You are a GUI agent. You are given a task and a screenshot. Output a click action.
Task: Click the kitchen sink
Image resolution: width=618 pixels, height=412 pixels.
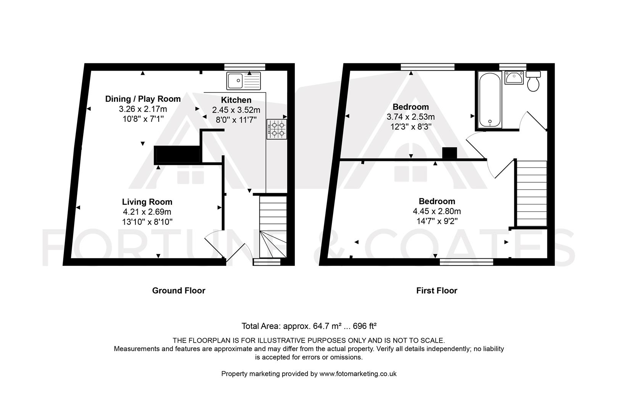[244, 81]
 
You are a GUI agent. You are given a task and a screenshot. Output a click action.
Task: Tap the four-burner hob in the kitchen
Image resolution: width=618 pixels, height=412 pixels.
[277, 129]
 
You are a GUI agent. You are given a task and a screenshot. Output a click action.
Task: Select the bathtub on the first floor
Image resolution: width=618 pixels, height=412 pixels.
[490, 100]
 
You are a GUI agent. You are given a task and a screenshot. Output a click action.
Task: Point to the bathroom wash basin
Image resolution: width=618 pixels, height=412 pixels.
[514, 77]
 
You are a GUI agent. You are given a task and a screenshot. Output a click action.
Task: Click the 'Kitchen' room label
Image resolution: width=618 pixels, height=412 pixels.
[236, 100]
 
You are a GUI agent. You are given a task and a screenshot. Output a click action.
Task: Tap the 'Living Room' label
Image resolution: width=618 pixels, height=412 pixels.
[147, 202]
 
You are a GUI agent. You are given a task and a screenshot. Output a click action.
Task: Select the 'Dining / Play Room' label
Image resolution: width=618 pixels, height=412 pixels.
[143, 99]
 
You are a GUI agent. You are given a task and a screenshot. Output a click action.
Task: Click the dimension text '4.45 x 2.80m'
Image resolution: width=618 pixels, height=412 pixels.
[437, 211]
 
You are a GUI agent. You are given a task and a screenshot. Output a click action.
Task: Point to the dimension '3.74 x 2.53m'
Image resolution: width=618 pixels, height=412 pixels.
[410, 117]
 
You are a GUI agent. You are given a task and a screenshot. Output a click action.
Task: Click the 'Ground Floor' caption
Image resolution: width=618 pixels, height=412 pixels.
[179, 291]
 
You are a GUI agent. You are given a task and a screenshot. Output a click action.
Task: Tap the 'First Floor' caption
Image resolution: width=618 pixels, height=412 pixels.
[437, 291]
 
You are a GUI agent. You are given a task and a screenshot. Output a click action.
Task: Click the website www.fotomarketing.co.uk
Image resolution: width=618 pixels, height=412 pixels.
[358, 373]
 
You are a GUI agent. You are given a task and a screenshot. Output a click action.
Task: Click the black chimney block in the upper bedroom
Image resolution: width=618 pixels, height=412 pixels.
[449, 153]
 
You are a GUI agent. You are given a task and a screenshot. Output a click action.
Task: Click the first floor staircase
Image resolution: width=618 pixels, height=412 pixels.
[531, 193]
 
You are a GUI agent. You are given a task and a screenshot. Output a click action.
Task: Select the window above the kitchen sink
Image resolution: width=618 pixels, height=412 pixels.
[245, 67]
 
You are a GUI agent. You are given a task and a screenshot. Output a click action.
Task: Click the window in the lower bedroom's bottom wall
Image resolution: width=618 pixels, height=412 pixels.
[466, 262]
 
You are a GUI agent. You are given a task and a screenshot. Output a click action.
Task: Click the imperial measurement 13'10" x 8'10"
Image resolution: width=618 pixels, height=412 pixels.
[147, 222]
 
